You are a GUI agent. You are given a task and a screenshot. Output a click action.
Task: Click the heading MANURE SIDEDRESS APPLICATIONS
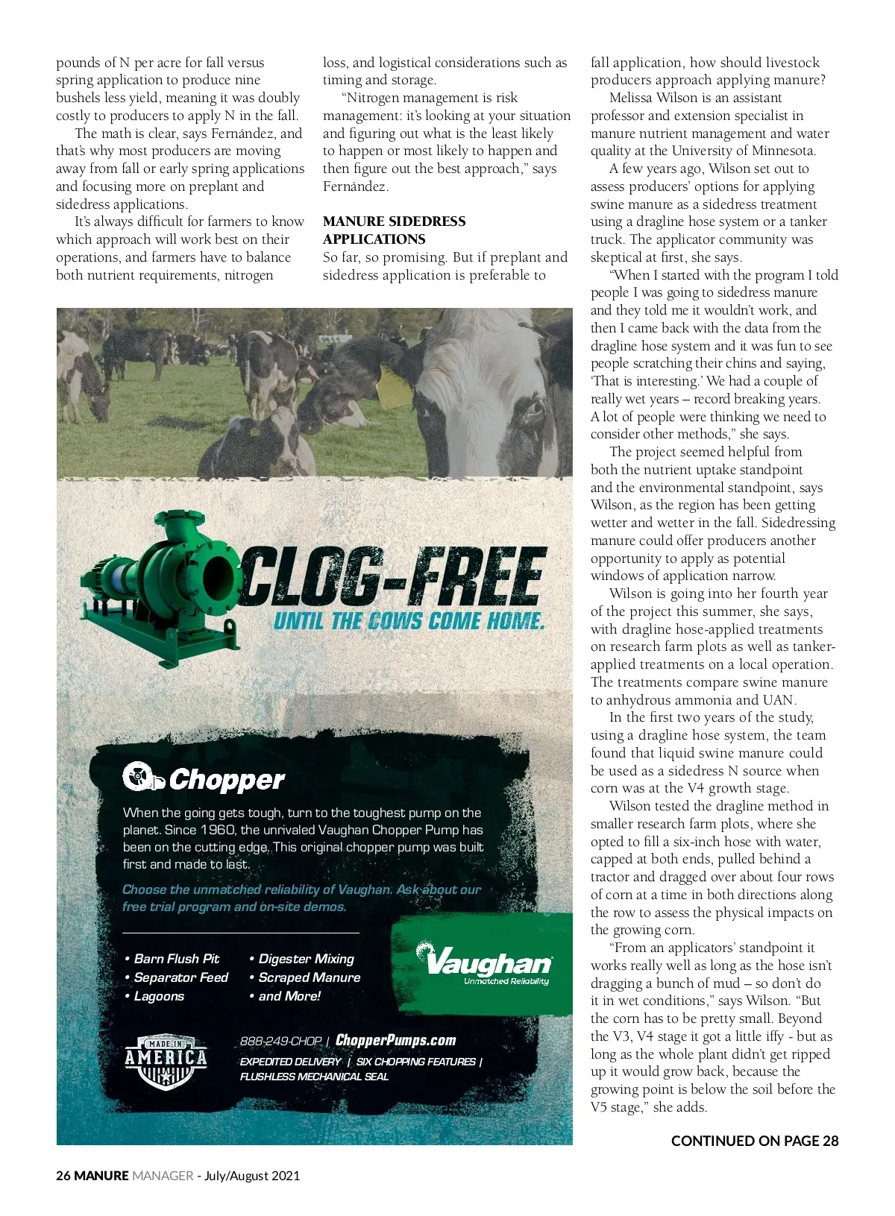394,230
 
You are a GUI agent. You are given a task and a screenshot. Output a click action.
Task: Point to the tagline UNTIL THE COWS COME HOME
409,621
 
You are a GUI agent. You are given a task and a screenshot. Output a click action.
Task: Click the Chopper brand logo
204,778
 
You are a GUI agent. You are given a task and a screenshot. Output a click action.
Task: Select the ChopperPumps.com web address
395,1040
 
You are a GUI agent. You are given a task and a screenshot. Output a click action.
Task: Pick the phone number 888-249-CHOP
280,1042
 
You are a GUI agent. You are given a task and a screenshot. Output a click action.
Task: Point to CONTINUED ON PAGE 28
754,1141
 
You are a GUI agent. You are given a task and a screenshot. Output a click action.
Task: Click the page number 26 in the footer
63,1176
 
